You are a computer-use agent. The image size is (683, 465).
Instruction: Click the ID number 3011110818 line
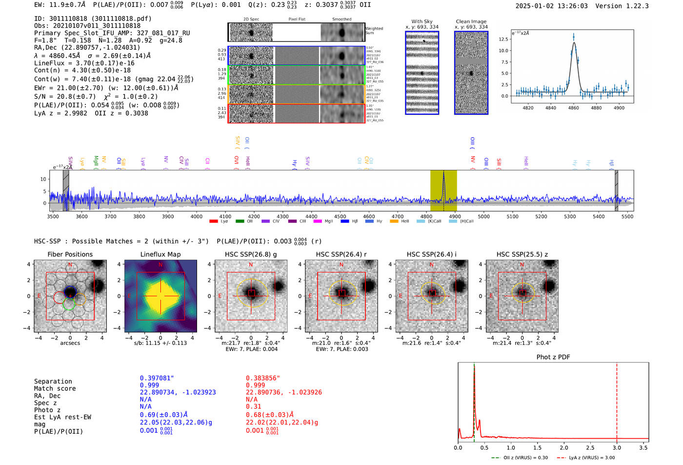[x=93, y=19]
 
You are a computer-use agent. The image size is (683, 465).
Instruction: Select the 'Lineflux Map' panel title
[x=160, y=254]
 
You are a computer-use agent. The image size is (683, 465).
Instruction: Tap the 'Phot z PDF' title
[x=553, y=357]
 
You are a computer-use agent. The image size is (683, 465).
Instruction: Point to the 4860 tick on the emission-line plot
[x=573, y=107]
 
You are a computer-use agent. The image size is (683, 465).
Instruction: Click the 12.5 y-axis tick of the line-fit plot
[x=503, y=39]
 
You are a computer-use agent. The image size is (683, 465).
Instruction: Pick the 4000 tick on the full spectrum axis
[x=197, y=216]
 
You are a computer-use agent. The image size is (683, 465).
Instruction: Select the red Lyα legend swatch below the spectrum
[x=214, y=222]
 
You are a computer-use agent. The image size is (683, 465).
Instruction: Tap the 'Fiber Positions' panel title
[x=70, y=254]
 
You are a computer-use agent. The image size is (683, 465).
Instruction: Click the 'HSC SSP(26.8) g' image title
[x=251, y=254]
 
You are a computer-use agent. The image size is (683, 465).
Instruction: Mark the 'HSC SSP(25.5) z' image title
[x=522, y=254]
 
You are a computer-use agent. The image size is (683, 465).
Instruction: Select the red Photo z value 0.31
[x=253, y=406]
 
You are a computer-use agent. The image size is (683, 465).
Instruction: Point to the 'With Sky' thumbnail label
[x=422, y=21]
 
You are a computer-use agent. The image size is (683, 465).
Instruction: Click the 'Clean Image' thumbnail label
[x=471, y=21]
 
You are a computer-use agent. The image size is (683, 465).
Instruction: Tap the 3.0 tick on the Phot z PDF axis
[x=617, y=447]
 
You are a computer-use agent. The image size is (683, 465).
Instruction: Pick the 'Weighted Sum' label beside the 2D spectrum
[x=374, y=30]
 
